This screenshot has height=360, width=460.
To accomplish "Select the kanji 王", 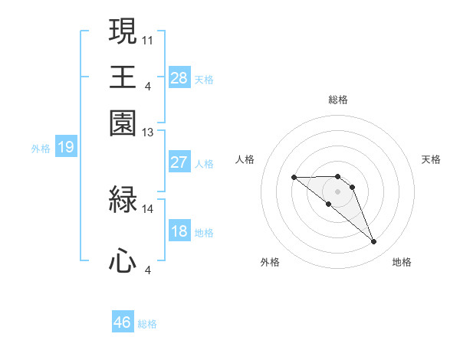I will (x=123, y=77).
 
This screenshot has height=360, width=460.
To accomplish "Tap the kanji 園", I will (x=123, y=123).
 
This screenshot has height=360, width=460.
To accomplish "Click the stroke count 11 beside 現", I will (x=148, y=39).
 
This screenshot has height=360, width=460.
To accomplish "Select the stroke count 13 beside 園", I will (x=148, y=133).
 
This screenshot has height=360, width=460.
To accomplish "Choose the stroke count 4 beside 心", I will (x=148, y=270).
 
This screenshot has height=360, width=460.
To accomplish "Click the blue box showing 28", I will (x=179, y=78).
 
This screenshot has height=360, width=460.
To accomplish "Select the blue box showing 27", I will (x=179, y=162).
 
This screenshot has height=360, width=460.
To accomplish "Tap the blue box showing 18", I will (x=179, y=231).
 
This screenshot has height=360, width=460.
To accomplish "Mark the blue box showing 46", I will (x=123, y=322).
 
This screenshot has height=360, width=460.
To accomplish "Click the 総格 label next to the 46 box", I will (x=147, y=324).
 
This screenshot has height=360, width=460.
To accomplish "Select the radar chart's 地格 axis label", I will (x=402, y=263).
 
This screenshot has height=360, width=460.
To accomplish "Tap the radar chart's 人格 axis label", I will (x=245, y=159).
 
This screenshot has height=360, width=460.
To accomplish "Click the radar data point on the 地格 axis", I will (x=374, y=242).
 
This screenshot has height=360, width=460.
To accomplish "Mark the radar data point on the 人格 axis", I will (x=294, y=178).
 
